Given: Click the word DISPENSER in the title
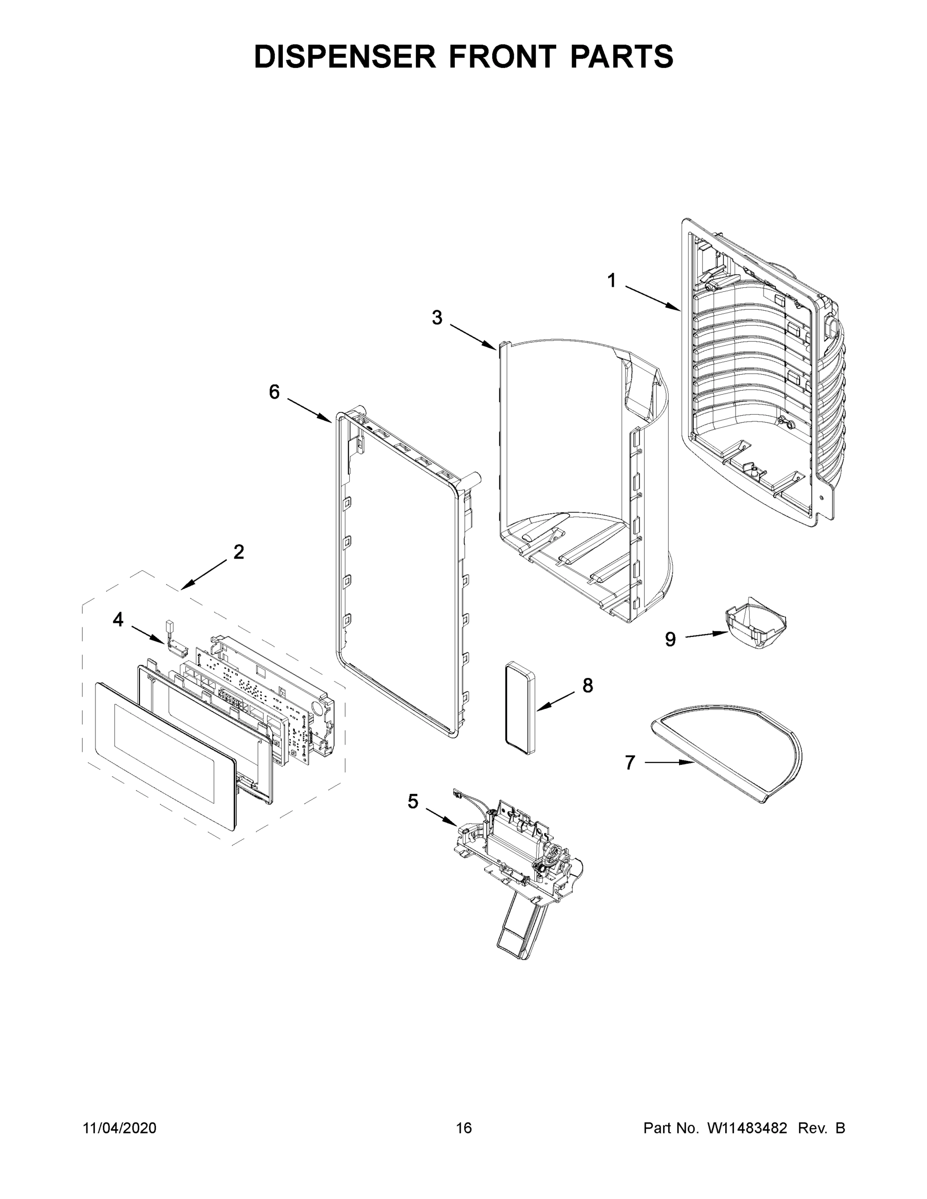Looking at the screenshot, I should (345, 56).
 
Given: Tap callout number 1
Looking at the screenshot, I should (611, 281).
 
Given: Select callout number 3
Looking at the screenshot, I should (437, 318).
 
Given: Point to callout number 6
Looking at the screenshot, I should (274, 392).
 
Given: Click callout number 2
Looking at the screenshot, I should (238, 552).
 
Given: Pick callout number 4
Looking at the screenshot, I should (118, 620).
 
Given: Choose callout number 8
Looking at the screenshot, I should (588, 686).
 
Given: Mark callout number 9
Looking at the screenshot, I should (671, 639).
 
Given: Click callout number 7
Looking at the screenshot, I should (630, 762).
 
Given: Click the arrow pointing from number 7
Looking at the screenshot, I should (667, 762).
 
